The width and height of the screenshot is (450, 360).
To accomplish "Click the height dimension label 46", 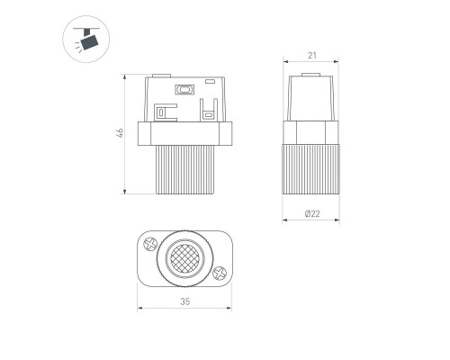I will [x=119, y=134].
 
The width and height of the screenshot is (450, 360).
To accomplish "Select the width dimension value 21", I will [x=311, y=56].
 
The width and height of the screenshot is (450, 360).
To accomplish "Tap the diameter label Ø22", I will [x=311, y=213].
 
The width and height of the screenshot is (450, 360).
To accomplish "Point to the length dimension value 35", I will [x=184, y=301].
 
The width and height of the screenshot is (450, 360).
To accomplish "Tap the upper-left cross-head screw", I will [x=151, y=243].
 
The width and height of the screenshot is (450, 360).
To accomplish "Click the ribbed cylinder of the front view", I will [x=184, y=169].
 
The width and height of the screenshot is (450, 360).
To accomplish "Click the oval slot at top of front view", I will [x=185, y=89].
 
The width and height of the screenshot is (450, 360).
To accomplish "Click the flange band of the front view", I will [x=184, y=133].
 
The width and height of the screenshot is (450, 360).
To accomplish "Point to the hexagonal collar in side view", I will [x=311, y=132].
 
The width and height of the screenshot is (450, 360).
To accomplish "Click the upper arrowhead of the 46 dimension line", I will [x=126, y=79].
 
